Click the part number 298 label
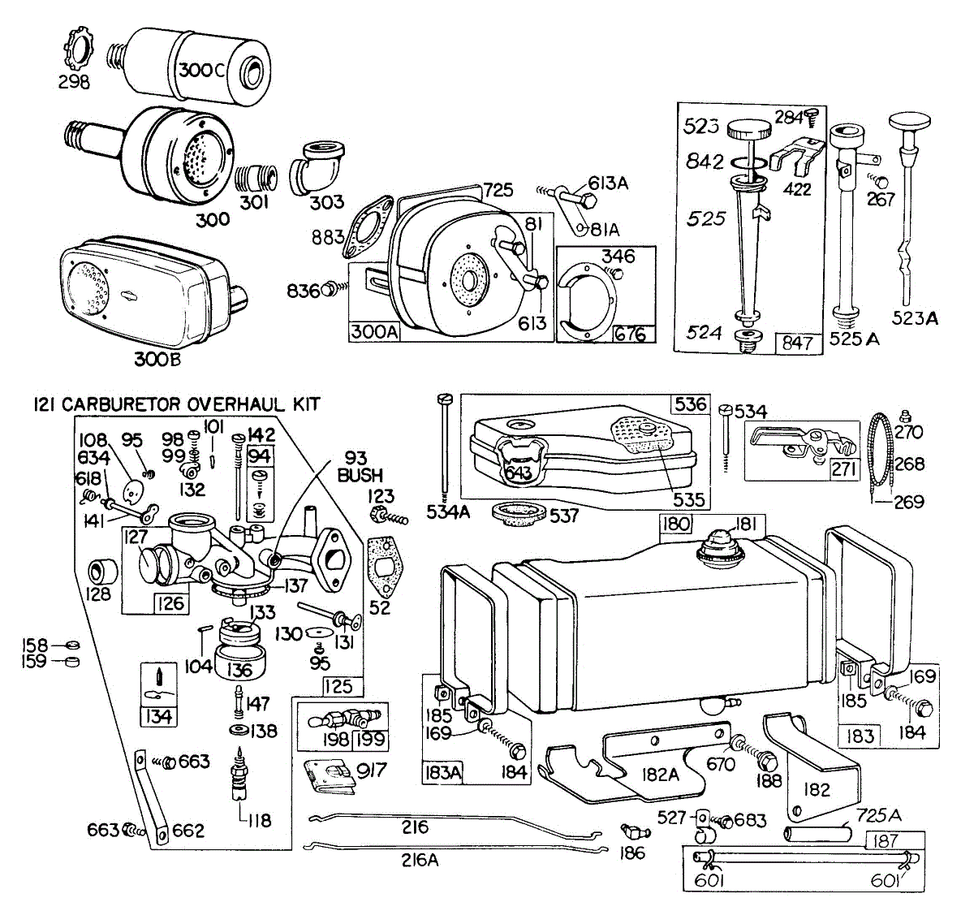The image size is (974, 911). tap(74, 82)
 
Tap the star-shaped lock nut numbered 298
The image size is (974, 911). tap(78, 49)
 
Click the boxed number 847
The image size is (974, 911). tap(797, 343)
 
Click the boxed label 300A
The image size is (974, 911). tap(373, 332)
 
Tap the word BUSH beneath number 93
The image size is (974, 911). tap(360, 475)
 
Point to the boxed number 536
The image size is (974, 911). tap(690, 404)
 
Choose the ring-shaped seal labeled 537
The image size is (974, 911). tap(519, 515)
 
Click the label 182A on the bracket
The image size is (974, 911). tap(660, 775)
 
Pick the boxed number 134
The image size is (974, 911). tap(158, 717)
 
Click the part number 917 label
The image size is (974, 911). tap(371, 771)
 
